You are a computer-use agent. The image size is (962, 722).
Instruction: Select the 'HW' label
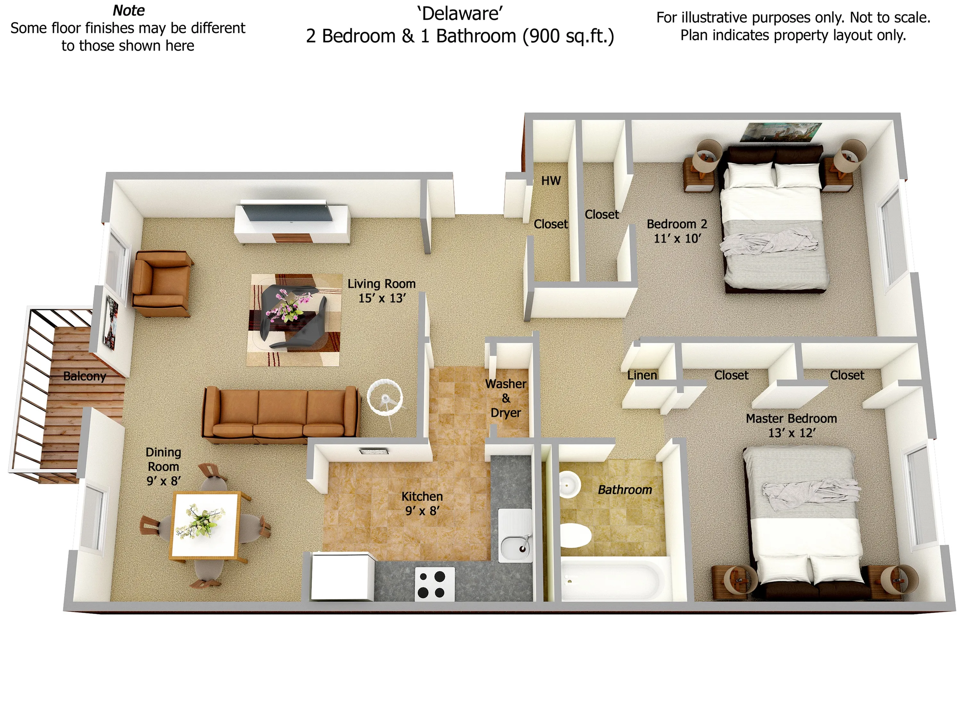tap(551, 181)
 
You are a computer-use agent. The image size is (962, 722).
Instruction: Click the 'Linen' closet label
tap(642, 375)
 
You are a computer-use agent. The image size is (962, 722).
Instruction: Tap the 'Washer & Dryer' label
tap(505, 398)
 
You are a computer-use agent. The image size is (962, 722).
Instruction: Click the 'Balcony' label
tap(84, 376)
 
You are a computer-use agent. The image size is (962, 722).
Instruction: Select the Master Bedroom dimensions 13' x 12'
tap(791, 433)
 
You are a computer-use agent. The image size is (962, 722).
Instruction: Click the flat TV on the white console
tap(287, 212)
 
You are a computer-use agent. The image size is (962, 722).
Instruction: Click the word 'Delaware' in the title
tap(460, 14)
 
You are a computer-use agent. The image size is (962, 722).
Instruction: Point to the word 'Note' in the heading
tap(129, 11)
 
